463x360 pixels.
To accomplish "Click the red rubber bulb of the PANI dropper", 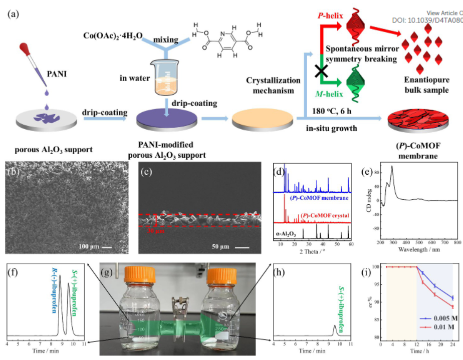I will pyautogui.click(x=24, y=49).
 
